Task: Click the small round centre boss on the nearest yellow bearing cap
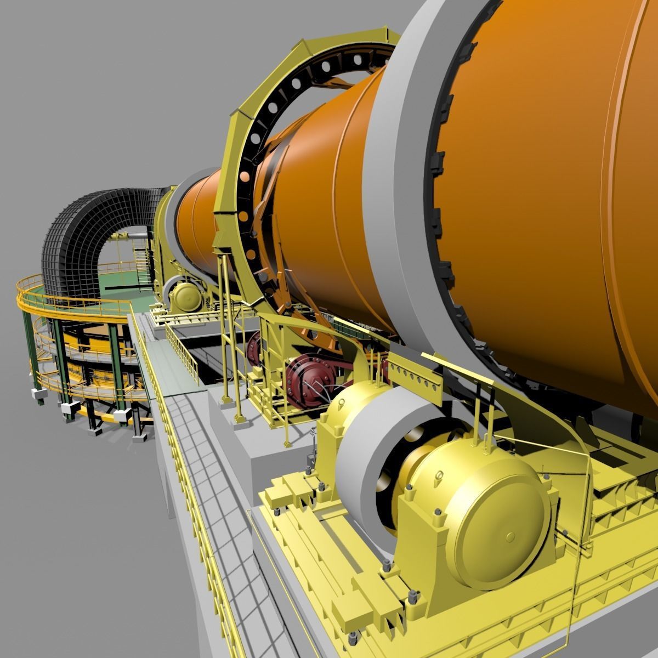click(510, 536)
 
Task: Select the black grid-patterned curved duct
click(82, 230)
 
